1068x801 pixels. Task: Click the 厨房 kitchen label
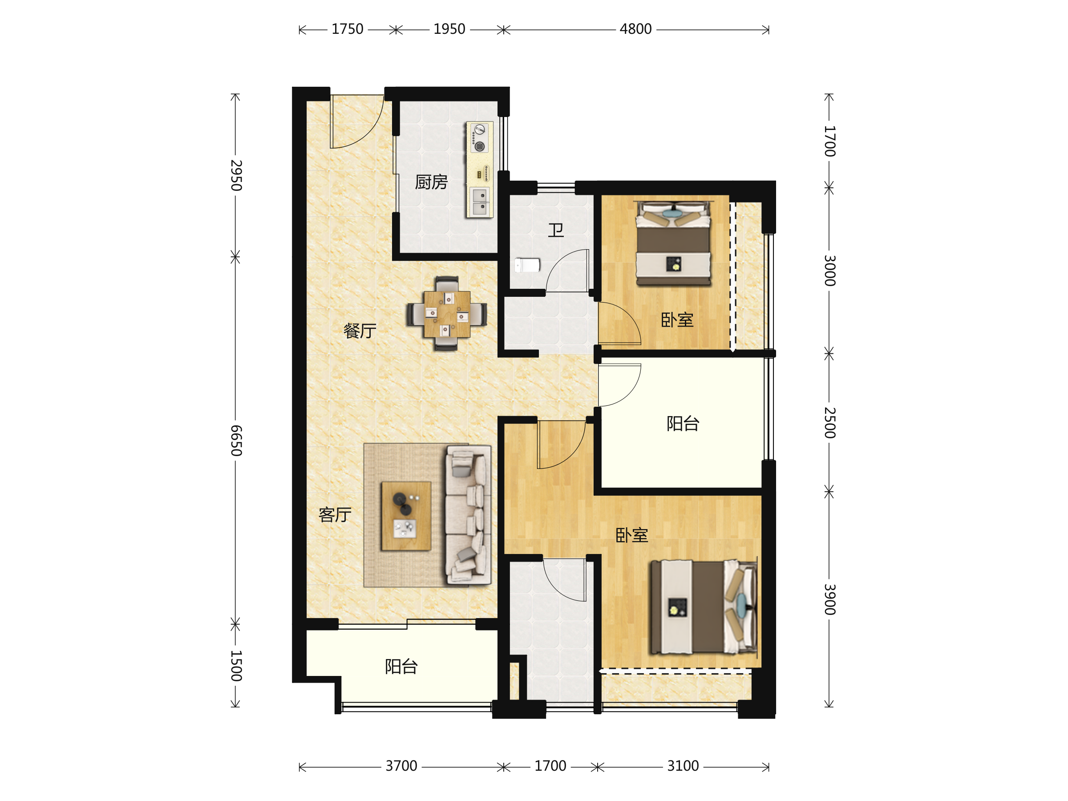431,182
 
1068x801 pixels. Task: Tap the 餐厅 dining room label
360,331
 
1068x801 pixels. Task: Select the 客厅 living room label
335,515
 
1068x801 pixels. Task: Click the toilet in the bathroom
527,265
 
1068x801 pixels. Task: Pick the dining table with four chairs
447,314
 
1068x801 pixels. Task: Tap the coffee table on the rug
406,516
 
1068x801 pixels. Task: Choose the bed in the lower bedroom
704,607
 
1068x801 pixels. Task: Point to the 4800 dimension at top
635,29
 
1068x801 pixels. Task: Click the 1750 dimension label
347,29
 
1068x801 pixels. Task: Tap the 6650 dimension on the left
235,441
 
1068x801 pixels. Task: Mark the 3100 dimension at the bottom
683,766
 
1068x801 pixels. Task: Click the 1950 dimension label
449,29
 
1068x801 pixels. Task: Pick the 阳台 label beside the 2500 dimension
683,424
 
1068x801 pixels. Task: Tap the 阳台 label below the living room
401,667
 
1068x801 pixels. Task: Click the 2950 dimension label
235,175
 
